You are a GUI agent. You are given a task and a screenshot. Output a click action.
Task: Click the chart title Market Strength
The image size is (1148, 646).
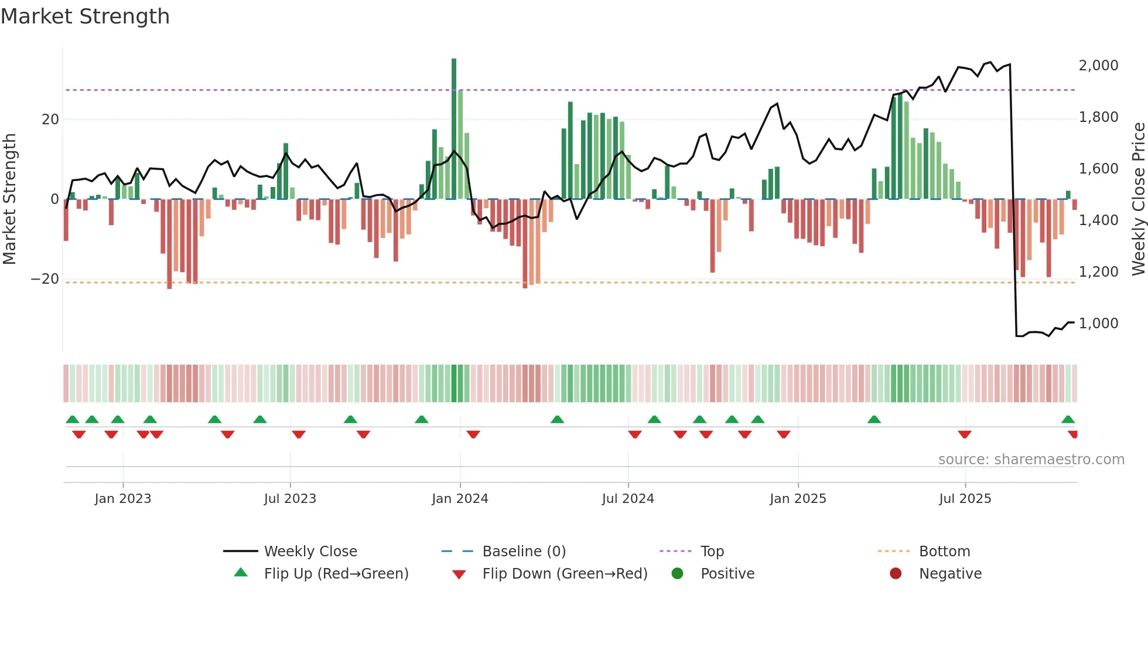tap(85, 16)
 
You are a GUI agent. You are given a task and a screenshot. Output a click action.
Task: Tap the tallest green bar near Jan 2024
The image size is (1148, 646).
tap(454, 129)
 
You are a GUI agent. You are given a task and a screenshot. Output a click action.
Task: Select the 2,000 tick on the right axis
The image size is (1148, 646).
tap(1098, 66)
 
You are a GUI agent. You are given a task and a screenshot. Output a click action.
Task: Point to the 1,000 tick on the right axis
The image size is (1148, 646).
tap(1098, 324)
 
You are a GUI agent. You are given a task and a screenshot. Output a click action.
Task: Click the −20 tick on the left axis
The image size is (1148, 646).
tap(45, 279)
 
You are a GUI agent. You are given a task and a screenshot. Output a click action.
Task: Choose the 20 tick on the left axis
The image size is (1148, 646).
tap(50, 120)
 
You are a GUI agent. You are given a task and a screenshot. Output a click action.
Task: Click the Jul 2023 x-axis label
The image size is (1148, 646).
tap(290, 499)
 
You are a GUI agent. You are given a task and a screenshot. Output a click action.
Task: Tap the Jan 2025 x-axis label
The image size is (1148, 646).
tap(798, 499)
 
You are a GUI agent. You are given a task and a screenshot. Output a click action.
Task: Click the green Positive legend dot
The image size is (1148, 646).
tap(678, 574)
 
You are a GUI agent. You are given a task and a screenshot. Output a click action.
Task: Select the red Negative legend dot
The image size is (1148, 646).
tap(896, 574)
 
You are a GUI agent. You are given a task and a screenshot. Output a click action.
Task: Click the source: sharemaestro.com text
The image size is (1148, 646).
tap(1031, 460)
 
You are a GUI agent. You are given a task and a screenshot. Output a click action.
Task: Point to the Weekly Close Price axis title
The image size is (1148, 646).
tap(1138, 199)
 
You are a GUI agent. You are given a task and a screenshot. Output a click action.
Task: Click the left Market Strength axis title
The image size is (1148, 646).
tap(9, 199)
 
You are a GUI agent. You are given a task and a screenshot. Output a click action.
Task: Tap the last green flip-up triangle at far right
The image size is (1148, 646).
tap(1068, 420)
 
